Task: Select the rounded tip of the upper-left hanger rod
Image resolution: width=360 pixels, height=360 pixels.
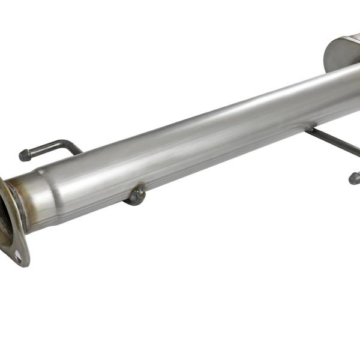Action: coord(25,155)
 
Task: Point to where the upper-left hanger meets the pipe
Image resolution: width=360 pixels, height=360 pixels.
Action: coord(79,152)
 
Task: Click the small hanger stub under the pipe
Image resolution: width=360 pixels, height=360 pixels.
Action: coord(137,195)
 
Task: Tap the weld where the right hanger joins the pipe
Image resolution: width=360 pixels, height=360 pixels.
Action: coord(311,130)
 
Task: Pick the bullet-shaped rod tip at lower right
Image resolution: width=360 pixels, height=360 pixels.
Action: coord(354,178)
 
